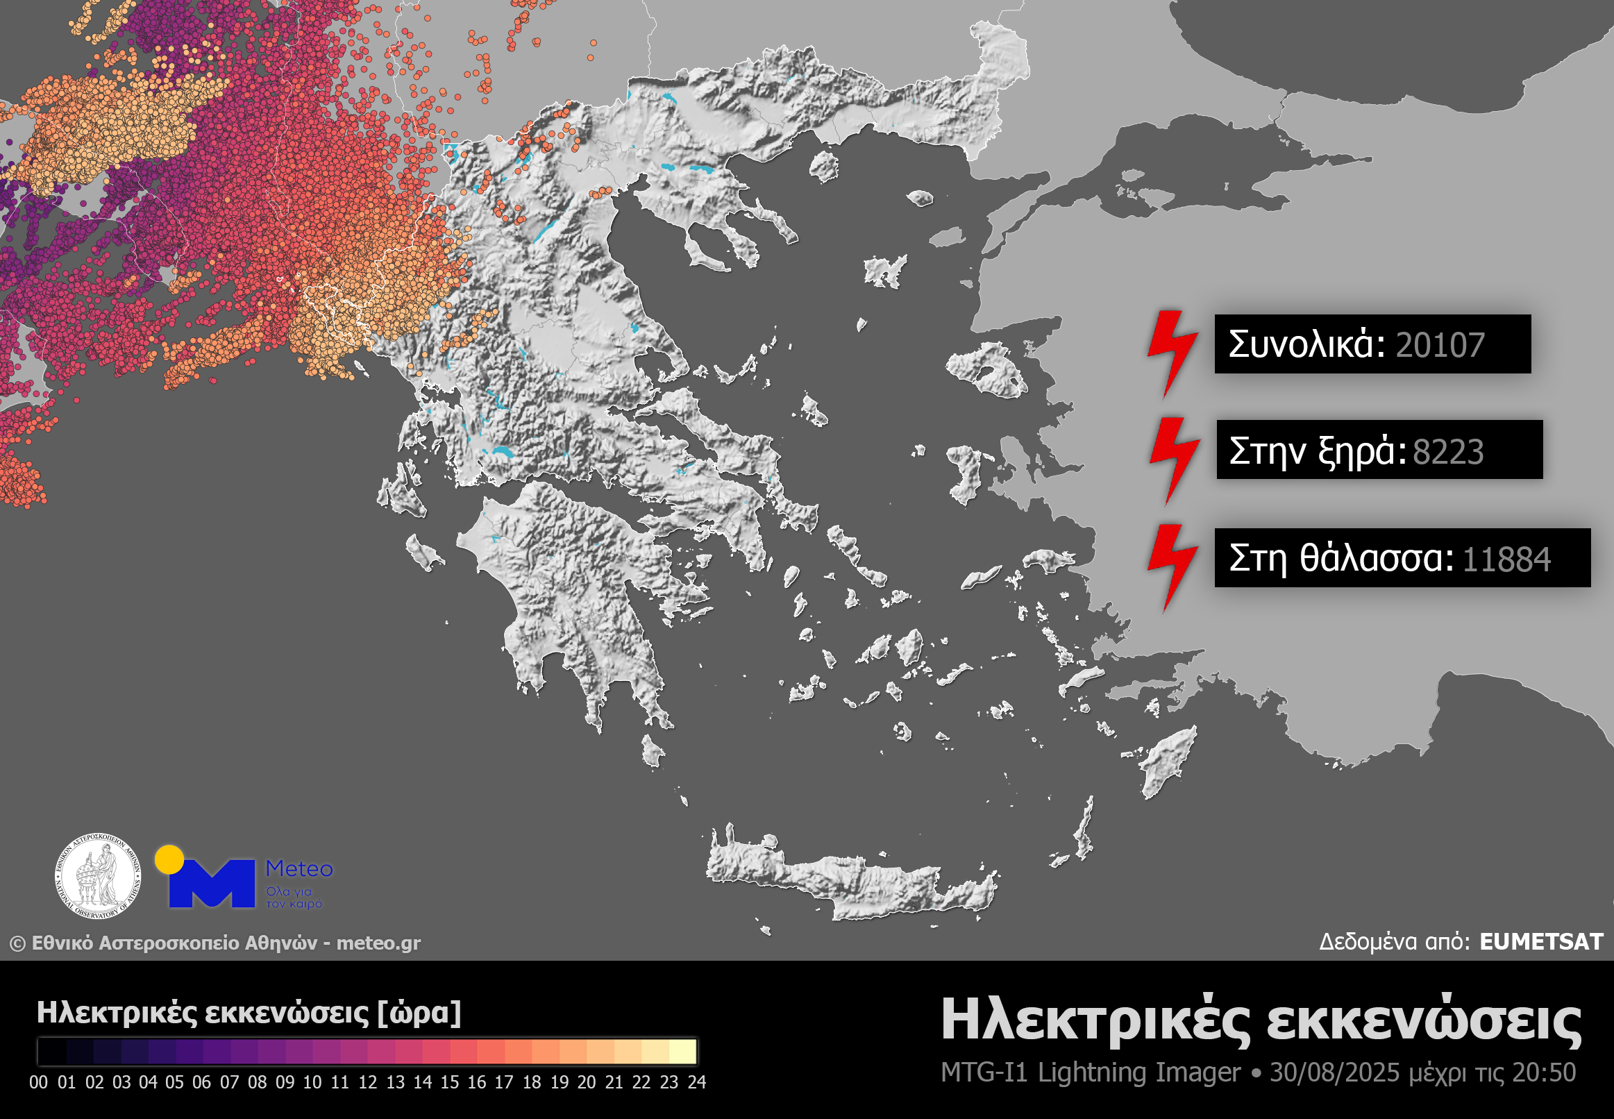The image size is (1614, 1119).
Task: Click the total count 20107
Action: tap(1440, 345)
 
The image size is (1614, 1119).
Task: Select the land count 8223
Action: tap(1448, 451)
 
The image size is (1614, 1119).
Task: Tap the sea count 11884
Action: tap(1506, 559)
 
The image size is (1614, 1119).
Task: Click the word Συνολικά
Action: tap(1306, 344)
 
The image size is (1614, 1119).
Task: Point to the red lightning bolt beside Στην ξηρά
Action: tap(1174, 460)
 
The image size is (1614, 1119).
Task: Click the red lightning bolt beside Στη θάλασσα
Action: tap(1172, 566)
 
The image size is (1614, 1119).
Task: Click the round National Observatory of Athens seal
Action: tap(98, 876)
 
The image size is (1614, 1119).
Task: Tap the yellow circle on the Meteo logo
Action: tap(169, 859)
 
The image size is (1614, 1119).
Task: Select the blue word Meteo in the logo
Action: tap(299, 868)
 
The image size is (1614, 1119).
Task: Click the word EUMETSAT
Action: tap(1540, 941)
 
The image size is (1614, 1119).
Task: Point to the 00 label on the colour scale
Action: tap(39, 1082)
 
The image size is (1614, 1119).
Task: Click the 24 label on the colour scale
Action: tap(696, 1082)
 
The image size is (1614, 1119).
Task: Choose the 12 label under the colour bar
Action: tap(367, 1082)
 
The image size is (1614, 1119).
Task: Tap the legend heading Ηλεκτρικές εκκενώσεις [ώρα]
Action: tap(249, 1013)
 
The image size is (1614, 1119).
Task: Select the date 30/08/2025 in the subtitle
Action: tap(1334, 1072)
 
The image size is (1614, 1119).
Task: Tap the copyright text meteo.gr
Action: tap(378, 943)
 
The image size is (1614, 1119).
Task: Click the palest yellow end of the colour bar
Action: tap(684, 1052)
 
